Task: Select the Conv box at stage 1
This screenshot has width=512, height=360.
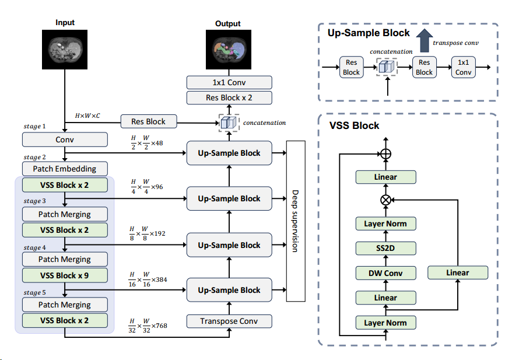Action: (x=65, y=140)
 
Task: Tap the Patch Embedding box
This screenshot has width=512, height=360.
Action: (x=65, y=169)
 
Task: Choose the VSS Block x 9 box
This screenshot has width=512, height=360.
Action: (x=65, y=275)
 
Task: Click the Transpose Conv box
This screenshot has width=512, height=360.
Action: (x=229, y=321)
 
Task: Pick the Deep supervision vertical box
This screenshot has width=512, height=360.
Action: (x=296, y=221)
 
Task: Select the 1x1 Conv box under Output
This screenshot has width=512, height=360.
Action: (x=229, y=83)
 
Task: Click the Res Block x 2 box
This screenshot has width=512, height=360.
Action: (x=229, y=98)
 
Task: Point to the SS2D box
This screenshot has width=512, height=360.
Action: (x=385, y=249)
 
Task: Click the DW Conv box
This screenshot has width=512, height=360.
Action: (x=385, y=273)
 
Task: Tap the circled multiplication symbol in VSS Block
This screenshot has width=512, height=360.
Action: (x=385, y=199)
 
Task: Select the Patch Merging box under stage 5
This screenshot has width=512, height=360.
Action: (x=65, y=305)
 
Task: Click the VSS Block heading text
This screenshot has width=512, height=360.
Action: (x=354, y=125)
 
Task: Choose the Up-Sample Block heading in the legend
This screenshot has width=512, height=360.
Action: (x=369, y=33)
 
